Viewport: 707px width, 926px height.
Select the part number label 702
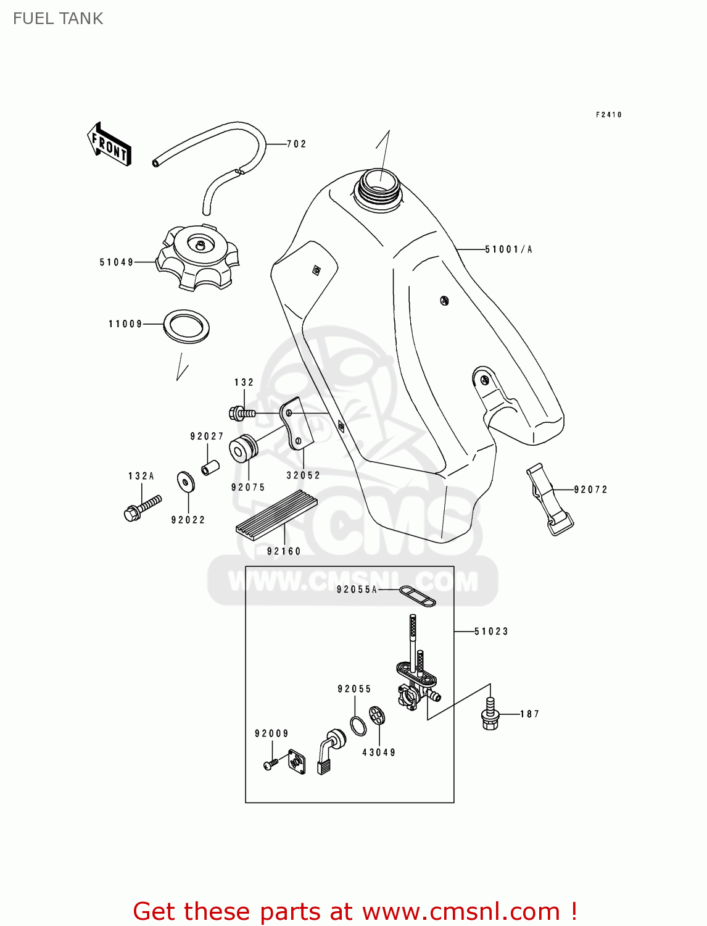pos(296,144)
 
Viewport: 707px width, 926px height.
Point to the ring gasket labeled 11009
pos(186,326)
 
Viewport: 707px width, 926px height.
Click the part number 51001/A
pos(508,249)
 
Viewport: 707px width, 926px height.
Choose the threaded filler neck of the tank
pos(379,185)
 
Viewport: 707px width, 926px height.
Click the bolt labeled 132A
pos(142,507)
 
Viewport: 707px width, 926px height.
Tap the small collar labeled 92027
pos(209,467)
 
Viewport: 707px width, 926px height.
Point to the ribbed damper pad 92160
pos(276,515)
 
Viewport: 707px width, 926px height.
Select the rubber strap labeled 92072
pos(549,499)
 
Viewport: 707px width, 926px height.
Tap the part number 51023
pos(491,632)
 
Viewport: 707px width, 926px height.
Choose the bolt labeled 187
pos(489,714)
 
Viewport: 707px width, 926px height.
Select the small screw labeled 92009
pos(270,764)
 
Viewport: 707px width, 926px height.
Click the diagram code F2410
pos(608,115)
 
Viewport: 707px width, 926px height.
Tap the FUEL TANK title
pos(58,19)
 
